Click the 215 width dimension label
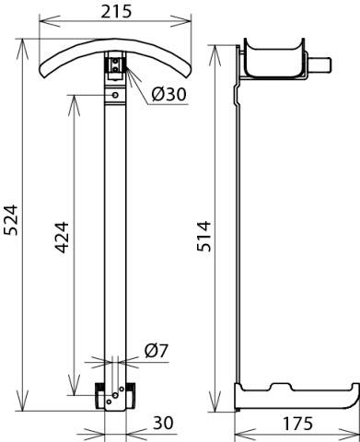click(x=118, y=11)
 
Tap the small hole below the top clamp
click(x=114, y=93)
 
